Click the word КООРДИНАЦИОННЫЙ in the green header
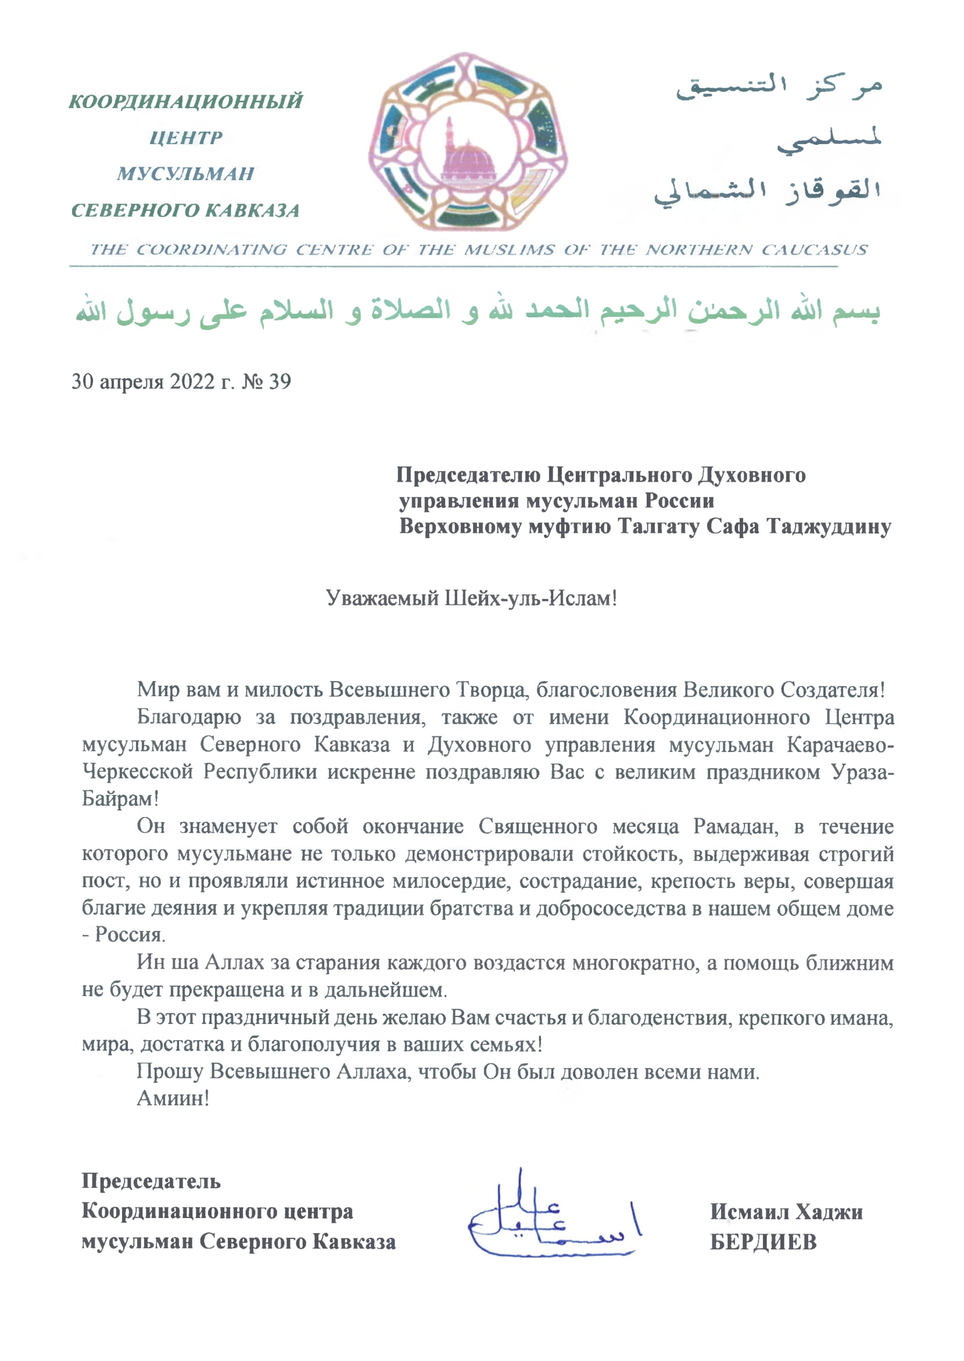tap(186, 102)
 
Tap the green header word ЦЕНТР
tap(186, 138)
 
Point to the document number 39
tap(279, 382)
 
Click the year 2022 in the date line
tap(192, 382)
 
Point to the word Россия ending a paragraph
tap(130, 935)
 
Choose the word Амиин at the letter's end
tap(173, 1098)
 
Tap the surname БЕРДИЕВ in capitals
tap(764, 1242)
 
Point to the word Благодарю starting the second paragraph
tap(189, 717)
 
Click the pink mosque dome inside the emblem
tap(468, 160)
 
